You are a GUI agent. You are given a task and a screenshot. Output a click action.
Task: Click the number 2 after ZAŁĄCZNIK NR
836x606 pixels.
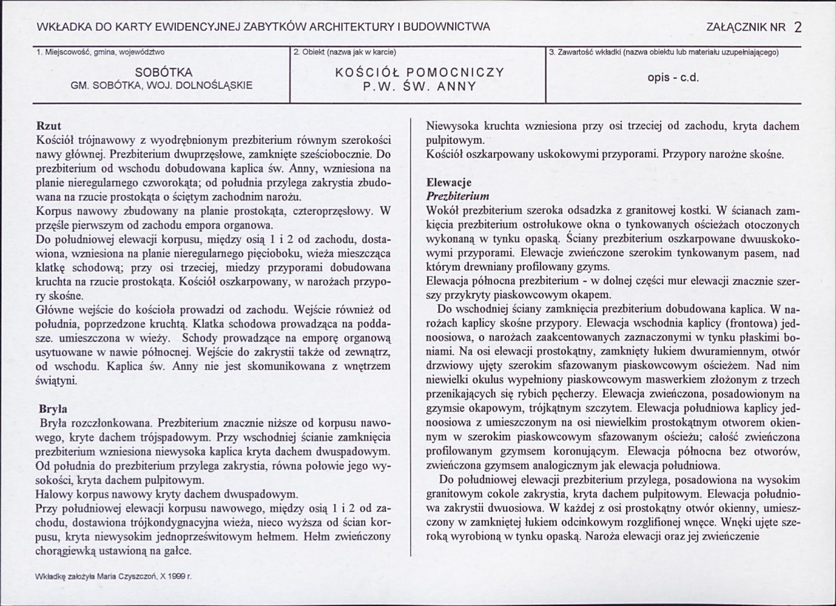point(798,27)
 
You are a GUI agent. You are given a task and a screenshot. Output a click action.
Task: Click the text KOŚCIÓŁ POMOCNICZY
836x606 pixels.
point(419,72)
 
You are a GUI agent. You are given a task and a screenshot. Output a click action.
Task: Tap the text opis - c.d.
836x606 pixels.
point(673,77)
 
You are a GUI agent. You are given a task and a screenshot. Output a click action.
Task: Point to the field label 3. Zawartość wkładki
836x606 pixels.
point(663,52)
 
